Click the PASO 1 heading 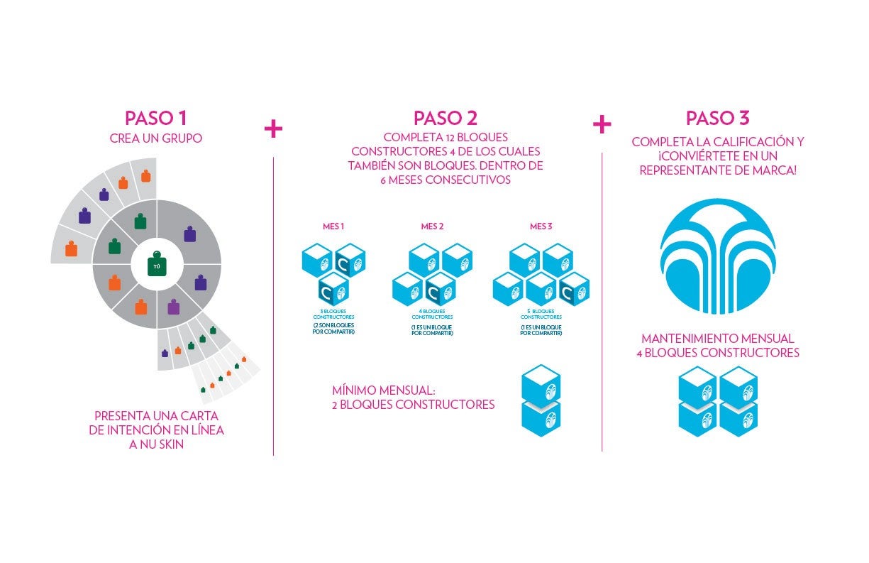point(155,118)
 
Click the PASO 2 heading point(445,118)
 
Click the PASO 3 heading point(717,118)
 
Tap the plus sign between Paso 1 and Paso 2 point(273,129)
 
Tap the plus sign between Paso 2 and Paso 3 point(602,125)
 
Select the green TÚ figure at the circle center point(157,266)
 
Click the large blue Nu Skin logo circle point(717,256)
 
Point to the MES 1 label point(333,227)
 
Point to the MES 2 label point(432,227)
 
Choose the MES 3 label point(541,227)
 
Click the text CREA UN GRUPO point(155,139)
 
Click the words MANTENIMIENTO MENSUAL point(717,339)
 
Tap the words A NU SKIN point(156,445)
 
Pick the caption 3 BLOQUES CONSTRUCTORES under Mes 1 point(333,315)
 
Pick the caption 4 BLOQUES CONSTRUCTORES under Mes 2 point(432,315)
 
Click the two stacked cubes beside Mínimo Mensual point(541,400)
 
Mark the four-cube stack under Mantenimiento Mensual point(717,401)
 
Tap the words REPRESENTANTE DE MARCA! point(717,170)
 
